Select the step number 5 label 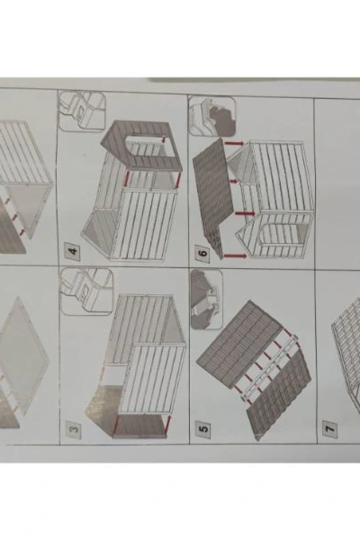tap(203, 429)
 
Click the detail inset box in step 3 tap(87, 292)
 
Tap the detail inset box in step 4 tap(82, 112)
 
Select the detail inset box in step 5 tap(207, 299)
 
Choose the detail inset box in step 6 tap(212, 116)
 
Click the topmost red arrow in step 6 tap(234, 143)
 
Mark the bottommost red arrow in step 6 tap(235, 256)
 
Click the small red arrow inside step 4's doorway tap(164, 139)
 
